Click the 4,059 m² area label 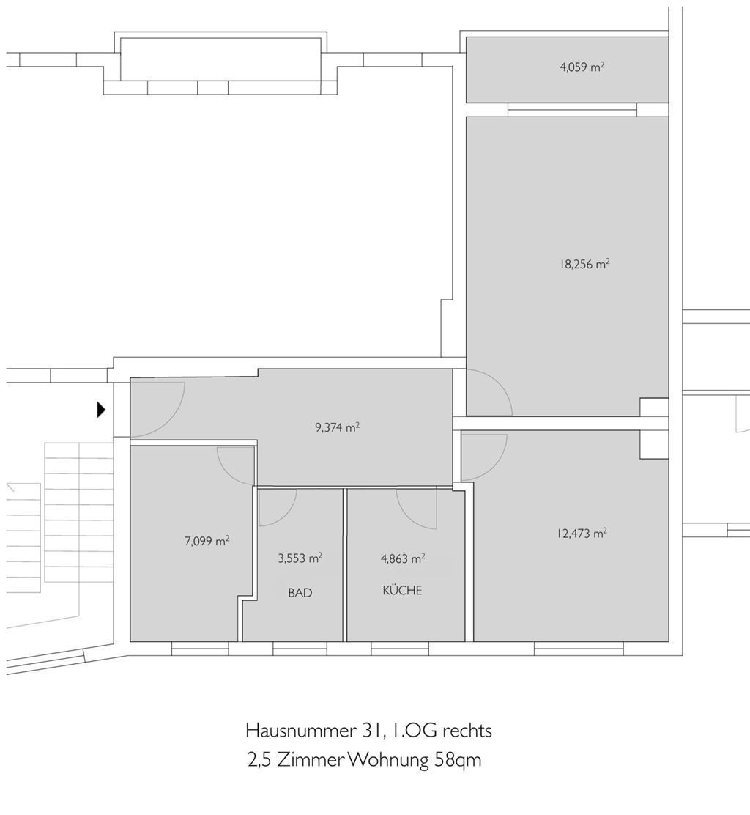582,67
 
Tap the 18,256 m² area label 584,265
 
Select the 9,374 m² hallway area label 337,427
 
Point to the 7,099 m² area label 207,542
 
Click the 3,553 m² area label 300,558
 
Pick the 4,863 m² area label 403,558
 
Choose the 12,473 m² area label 582,534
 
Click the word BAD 300,592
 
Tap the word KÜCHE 402,590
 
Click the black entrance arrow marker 102,410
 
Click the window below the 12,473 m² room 579,648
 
